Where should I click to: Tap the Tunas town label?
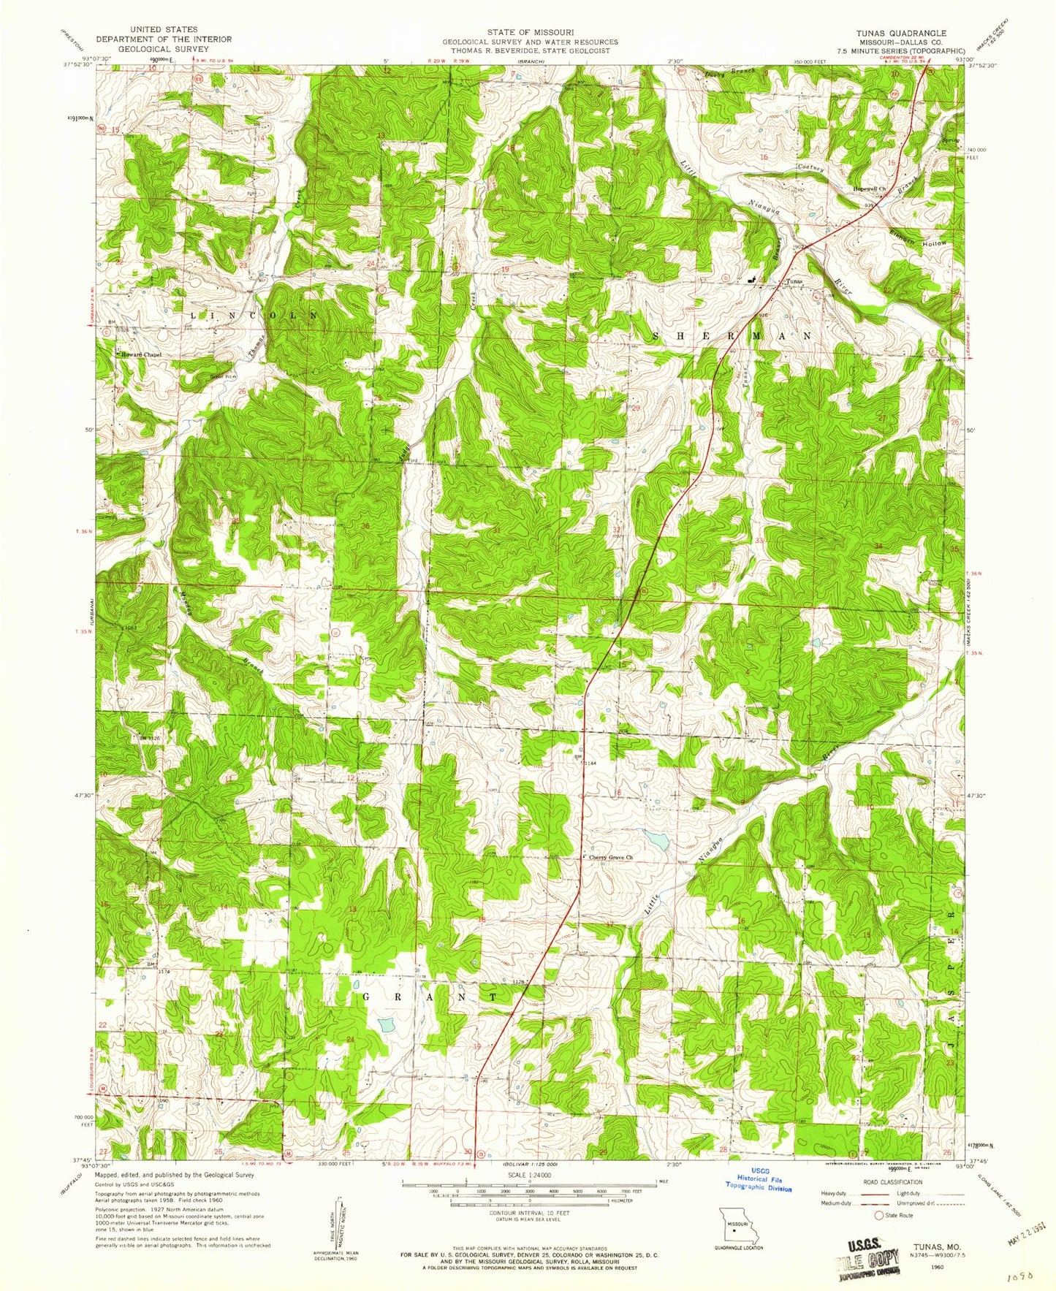coord(794,281)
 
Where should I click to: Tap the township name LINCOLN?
coord(254,314)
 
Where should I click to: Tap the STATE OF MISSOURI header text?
coord(529,33)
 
